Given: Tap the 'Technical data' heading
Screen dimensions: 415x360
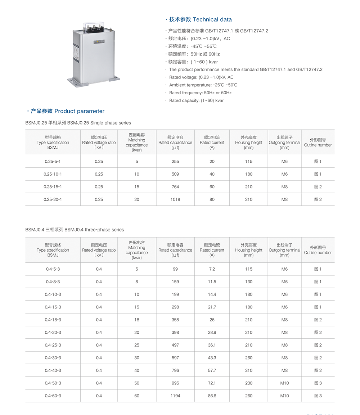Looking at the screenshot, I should coord(200,19).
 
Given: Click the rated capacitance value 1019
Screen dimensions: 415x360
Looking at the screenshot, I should coord(175,199).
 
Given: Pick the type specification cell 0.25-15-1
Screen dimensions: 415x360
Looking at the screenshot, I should coord(53,187).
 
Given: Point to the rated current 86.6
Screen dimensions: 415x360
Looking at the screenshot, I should coord(212,396).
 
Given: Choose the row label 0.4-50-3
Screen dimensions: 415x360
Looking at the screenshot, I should coord(53,383).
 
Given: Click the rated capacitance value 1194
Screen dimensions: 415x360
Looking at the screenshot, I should coord(175,396).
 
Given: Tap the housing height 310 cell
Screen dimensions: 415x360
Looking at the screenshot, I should coord(249,370).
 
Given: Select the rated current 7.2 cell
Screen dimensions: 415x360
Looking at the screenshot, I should coord(212,269).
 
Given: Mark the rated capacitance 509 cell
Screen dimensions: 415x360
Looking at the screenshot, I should coord(175,174).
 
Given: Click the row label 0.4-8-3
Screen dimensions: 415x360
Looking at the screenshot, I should coord(53,282).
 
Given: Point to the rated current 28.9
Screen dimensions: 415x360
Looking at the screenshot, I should coord(212,333).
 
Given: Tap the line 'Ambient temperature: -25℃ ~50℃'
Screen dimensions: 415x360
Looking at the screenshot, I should coord(203,85).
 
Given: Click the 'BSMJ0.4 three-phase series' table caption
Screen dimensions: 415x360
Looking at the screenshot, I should coord(75,230).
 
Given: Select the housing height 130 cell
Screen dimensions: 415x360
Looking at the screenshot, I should coord(249,282).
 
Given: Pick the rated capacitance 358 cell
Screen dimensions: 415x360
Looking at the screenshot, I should coord(175,320).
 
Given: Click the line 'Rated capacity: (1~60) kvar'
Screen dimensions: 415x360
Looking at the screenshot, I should coord(196,100).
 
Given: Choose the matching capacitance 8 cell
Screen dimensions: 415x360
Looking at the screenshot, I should coord(137,282).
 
